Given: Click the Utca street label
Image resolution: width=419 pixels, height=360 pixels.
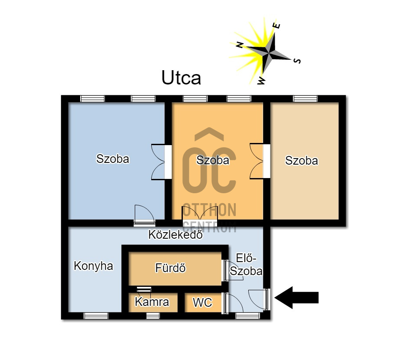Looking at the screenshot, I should click(181, 78).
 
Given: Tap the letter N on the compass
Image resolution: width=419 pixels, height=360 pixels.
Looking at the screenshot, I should click(239, 45).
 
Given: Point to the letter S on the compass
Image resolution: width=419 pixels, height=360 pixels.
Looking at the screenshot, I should click(297, 61).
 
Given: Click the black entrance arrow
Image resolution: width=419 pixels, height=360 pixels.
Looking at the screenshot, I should click(297, 298).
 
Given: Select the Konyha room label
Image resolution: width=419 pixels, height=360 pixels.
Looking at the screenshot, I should click(93, 266).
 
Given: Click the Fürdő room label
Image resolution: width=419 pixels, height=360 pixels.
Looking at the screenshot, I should click(170, 268).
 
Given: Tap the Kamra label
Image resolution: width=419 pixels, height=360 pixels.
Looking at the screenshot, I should click(152, 302).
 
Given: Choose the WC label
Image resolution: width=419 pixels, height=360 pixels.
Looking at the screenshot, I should click(202, 302).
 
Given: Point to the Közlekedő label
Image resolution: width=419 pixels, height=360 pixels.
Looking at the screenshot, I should click(175, 235).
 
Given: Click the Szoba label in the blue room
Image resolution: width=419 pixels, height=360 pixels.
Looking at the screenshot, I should click(113, 159).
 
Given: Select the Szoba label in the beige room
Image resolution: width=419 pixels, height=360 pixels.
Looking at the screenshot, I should click(301, 161).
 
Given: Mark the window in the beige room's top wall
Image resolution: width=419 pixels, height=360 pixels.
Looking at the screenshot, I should click(305, 99).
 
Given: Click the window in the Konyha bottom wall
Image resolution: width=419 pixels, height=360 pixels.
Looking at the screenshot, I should click(96, 316).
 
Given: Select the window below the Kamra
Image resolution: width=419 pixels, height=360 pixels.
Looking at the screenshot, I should click(153, 316).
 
